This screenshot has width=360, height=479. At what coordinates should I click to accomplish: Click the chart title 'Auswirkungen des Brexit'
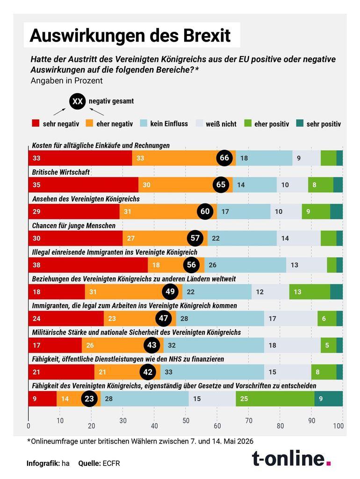tap(130, 36)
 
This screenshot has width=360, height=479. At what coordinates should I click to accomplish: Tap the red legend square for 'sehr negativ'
tap(36, 123)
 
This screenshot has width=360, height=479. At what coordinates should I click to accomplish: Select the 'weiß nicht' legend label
tap(221, 123)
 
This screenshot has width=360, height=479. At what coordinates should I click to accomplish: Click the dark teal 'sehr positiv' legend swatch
tap(300, 123)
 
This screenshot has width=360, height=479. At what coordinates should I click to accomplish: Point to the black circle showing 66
tap(224, 158)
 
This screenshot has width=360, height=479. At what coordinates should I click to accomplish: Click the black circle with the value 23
tap(89, 399)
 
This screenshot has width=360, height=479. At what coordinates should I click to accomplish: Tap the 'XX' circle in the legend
tap(78, 101)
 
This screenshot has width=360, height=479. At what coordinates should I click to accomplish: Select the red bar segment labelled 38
tap(88, 265)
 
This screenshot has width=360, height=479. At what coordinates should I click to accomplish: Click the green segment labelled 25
tap(275, 399)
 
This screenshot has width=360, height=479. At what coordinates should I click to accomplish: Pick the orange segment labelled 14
tap(79, 399)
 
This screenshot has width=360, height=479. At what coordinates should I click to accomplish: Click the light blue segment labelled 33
tap(212, 372)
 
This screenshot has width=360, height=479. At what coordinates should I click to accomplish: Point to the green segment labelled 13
tap(310, 292)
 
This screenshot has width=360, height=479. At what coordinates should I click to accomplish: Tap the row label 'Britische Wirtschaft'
tap(61, 172)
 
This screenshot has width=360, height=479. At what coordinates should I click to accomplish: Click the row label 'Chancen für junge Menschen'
tap(73, 226)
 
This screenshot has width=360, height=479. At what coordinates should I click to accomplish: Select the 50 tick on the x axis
tap(186, 421)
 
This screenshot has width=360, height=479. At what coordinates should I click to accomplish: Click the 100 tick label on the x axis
tap(338, 426)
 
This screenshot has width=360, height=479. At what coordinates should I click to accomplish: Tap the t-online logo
tap(291, 458)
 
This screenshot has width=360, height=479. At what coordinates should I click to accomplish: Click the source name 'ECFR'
tap(111, 464)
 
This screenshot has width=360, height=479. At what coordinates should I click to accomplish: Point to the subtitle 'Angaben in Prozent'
tap(66, 80)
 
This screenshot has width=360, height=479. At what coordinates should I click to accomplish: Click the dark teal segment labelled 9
tap(329, 399)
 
